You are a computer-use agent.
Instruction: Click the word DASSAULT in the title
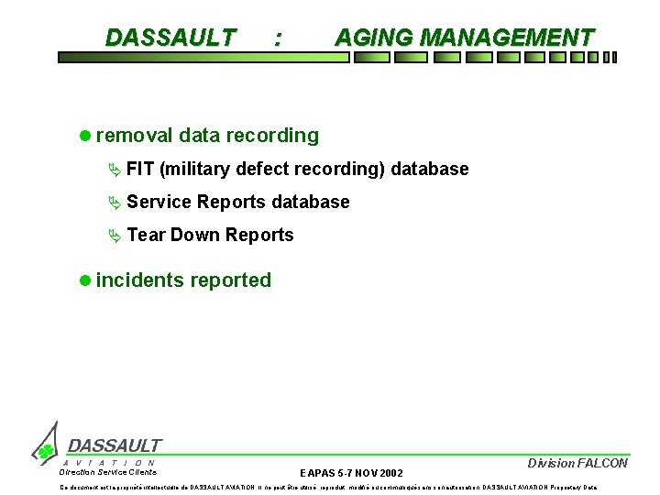point(170,38)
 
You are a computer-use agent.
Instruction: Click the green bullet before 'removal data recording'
point(85,136)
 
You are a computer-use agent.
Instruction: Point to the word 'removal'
point(134,136)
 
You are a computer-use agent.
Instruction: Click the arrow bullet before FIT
point(114,169)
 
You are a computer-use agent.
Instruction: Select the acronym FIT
point(140,169)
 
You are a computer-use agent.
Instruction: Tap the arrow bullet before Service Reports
point(114,202)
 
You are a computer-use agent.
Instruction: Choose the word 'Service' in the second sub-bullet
point(159,202)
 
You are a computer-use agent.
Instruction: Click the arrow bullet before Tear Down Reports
point(114,235)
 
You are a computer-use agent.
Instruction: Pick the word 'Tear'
point(146,235)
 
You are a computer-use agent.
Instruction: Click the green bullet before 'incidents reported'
point(85,280)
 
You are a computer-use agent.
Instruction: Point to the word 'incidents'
point(139,280)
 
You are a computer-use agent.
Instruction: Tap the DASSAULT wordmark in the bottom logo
point(115,445)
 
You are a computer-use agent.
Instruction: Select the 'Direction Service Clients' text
point(108,472)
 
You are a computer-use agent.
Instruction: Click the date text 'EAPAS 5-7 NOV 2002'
point(351,473)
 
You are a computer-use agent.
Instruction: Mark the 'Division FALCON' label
point(577,463)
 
